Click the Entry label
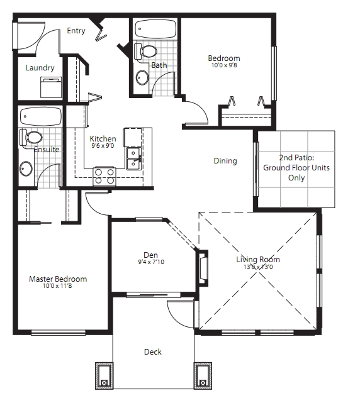click(76, 31)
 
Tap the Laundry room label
click(40, 68)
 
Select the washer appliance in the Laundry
click(51, 87)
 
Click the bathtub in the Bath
click(155, 29)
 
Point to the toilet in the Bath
click(145, 52)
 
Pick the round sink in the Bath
click(142, 77)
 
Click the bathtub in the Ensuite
click(41, 116)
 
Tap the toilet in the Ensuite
click(31, 138)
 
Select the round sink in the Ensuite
click(26, 168)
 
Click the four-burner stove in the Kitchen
click(104, 176)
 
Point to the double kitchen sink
click(133, 158)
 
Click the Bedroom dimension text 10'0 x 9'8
click(224, 65)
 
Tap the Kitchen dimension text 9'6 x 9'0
click(103, 146)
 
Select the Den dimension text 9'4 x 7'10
click(151, 262)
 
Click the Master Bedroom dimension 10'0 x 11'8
click(57, 286)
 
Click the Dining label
click(225, 161)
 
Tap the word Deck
click(153, 352)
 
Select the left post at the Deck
click(104, 376)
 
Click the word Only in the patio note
click(296, 178)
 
